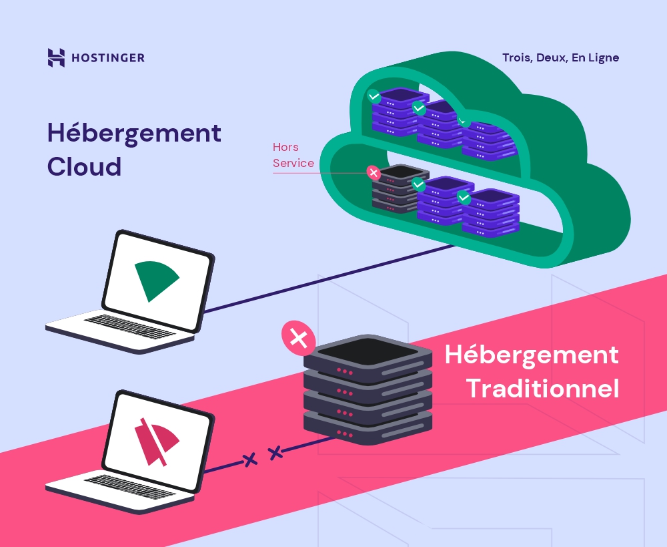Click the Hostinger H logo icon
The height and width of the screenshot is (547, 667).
pos(56,57)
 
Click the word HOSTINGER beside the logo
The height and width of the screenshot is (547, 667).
pos(108,58)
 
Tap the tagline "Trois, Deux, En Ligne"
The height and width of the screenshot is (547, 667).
pos(561,57)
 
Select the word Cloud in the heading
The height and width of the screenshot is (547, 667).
pos(84,166)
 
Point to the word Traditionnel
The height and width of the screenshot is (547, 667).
pos(543,389)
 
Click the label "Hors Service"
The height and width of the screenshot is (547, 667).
pos(293,155)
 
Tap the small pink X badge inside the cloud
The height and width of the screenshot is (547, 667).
pos(374,172)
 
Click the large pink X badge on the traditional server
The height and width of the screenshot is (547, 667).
pos(299,338)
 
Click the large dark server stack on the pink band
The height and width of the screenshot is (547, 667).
pos(368,389)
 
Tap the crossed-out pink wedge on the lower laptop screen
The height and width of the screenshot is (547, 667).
pos(157,441)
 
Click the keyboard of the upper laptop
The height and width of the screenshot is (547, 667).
pos(130,327)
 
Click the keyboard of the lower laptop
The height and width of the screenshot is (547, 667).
pos(130,487)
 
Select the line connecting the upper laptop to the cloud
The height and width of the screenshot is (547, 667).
pos(329,279)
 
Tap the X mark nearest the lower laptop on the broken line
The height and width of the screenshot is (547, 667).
pos(249,460)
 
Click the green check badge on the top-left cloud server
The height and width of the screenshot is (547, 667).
pos(374,96)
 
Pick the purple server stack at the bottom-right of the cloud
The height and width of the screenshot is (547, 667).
pos(491,212)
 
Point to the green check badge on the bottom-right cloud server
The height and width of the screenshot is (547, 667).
pos(464,197)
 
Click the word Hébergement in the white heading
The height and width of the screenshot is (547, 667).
pos(532,355)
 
